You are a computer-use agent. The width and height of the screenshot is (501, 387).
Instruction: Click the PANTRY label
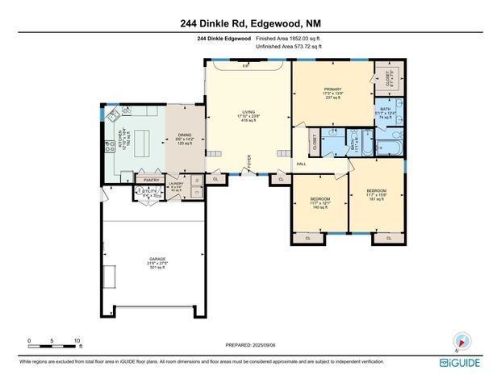pyautogui.click(x=151, y=180)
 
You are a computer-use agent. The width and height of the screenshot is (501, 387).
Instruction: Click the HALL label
pyautogui.click(x=302, y=164)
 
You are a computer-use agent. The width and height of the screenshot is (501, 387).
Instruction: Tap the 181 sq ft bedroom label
pyautogui.click(x=376, y=193)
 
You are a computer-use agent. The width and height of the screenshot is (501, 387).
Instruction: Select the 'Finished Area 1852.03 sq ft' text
pyautogui.click(x=289, y=39)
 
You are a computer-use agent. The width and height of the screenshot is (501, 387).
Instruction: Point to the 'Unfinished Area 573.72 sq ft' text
pyautogui.click(x=289, y=47)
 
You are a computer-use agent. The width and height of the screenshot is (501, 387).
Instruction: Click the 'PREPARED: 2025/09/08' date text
pyautogui.click(x=249, y=344)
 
